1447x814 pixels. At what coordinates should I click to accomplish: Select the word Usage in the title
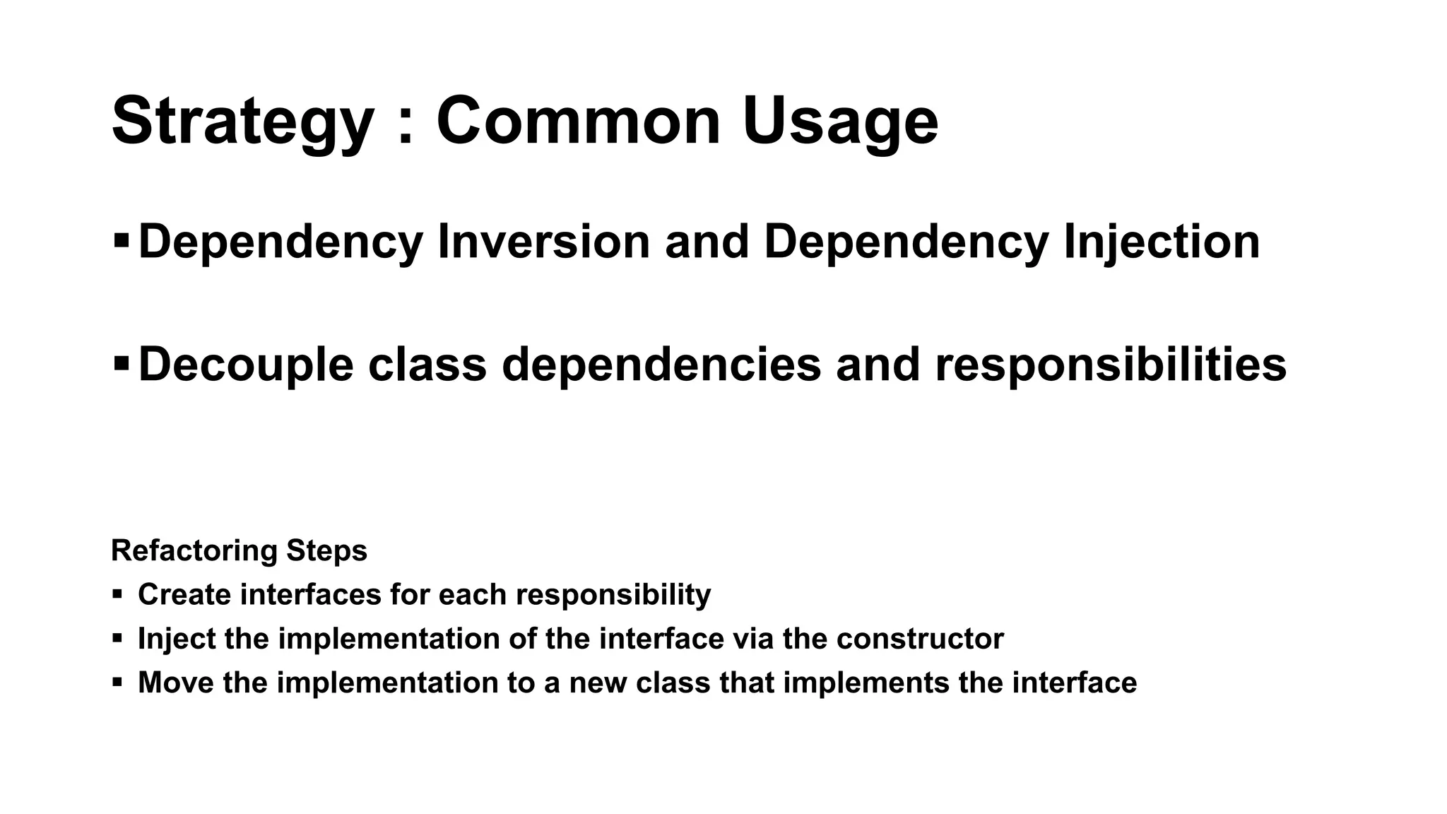tap(840, 122)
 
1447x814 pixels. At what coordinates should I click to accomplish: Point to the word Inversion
tap(543, 242)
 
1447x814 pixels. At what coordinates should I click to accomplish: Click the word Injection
tap(1162, 242)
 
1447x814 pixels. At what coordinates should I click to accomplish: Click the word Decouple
tap(245, 365)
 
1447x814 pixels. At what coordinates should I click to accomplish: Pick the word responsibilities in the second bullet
tap(1111, 365)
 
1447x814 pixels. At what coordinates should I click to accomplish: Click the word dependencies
tap(661, 365)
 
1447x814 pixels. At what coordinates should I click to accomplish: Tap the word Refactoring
tap(195, 551)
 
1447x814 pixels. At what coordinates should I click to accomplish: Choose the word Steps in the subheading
tap(326, 551)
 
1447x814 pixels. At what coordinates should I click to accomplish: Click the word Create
tap(184, 595)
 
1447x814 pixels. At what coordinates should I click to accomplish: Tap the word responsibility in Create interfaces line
tap(613, 595)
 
